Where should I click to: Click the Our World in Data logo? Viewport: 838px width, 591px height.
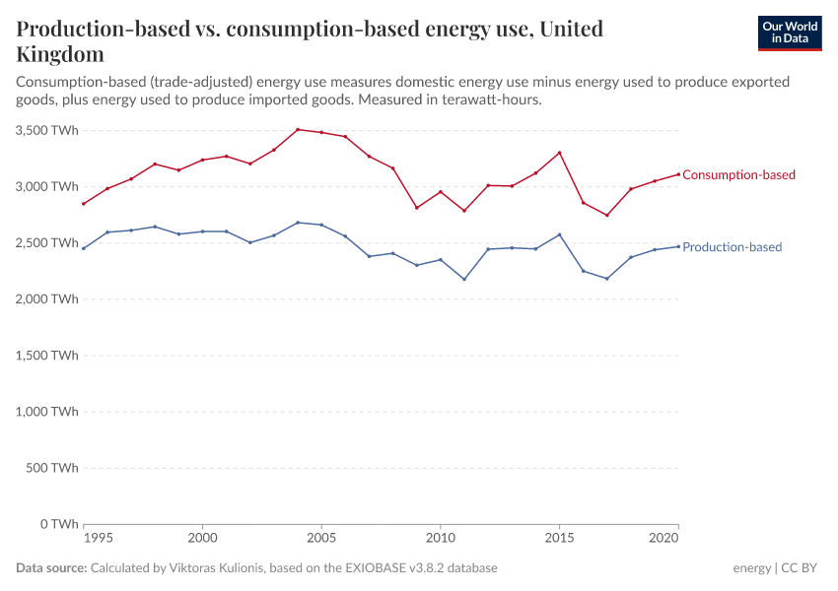coord(789,33)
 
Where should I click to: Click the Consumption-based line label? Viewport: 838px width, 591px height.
coord(738,175)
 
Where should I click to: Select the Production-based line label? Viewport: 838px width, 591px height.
coord(732,247)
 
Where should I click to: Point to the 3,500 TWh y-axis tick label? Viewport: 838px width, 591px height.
coord(47,130)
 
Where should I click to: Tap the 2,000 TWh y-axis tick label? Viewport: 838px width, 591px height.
coord(47,299)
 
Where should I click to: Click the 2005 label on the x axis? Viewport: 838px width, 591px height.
coord(321,540)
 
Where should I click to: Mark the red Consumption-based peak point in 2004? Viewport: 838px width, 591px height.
coord(298,129)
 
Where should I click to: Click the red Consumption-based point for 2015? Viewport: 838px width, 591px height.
coord(559,153)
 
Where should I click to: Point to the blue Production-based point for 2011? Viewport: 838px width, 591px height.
coord(464,279)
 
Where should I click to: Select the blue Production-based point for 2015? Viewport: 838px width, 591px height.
coord(559,234)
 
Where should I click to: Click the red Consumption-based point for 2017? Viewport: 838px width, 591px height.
coord(607,215)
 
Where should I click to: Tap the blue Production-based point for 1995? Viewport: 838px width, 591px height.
coord(84,248)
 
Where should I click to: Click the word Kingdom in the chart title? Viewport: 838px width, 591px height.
coord(60,53)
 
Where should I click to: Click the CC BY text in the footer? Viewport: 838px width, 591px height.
coord(800,568)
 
